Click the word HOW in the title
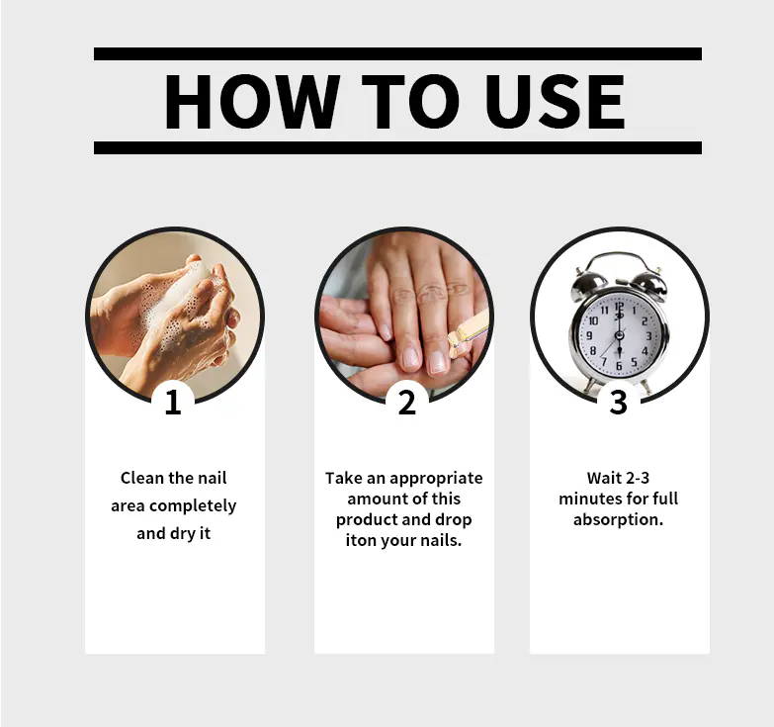(252, 102)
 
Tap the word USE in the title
(556, 102)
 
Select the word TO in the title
(410, 102)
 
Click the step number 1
(173, 402)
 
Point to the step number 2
(406, 402)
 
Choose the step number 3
(618, 402)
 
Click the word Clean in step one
(142, 478)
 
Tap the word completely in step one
(193, 506)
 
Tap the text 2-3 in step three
(638, 478)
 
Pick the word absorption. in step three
(618, 520)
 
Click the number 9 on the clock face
(589, 335)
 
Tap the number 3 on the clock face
(648, 336)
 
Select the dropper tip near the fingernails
(453, 338)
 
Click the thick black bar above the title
(397, 53)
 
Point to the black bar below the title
(397, 147)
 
